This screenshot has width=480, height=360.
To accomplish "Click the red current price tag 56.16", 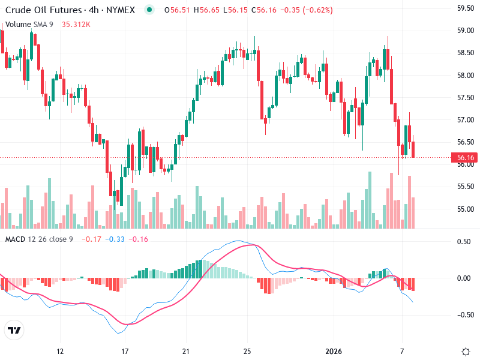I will tap(466, 158).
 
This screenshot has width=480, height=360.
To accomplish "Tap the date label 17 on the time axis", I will tap(125, 351).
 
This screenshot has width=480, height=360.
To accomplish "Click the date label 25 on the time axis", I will tap(247, 351).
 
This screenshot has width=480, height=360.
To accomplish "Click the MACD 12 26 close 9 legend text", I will tap(39, 239).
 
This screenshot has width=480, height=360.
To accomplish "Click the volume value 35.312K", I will tap(76, 25).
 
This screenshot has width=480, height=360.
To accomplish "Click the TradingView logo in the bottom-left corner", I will tap(14, 330).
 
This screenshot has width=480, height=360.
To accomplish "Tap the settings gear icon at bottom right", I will tap(465, 351).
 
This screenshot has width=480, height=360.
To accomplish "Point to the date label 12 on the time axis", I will tap(59, 351).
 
